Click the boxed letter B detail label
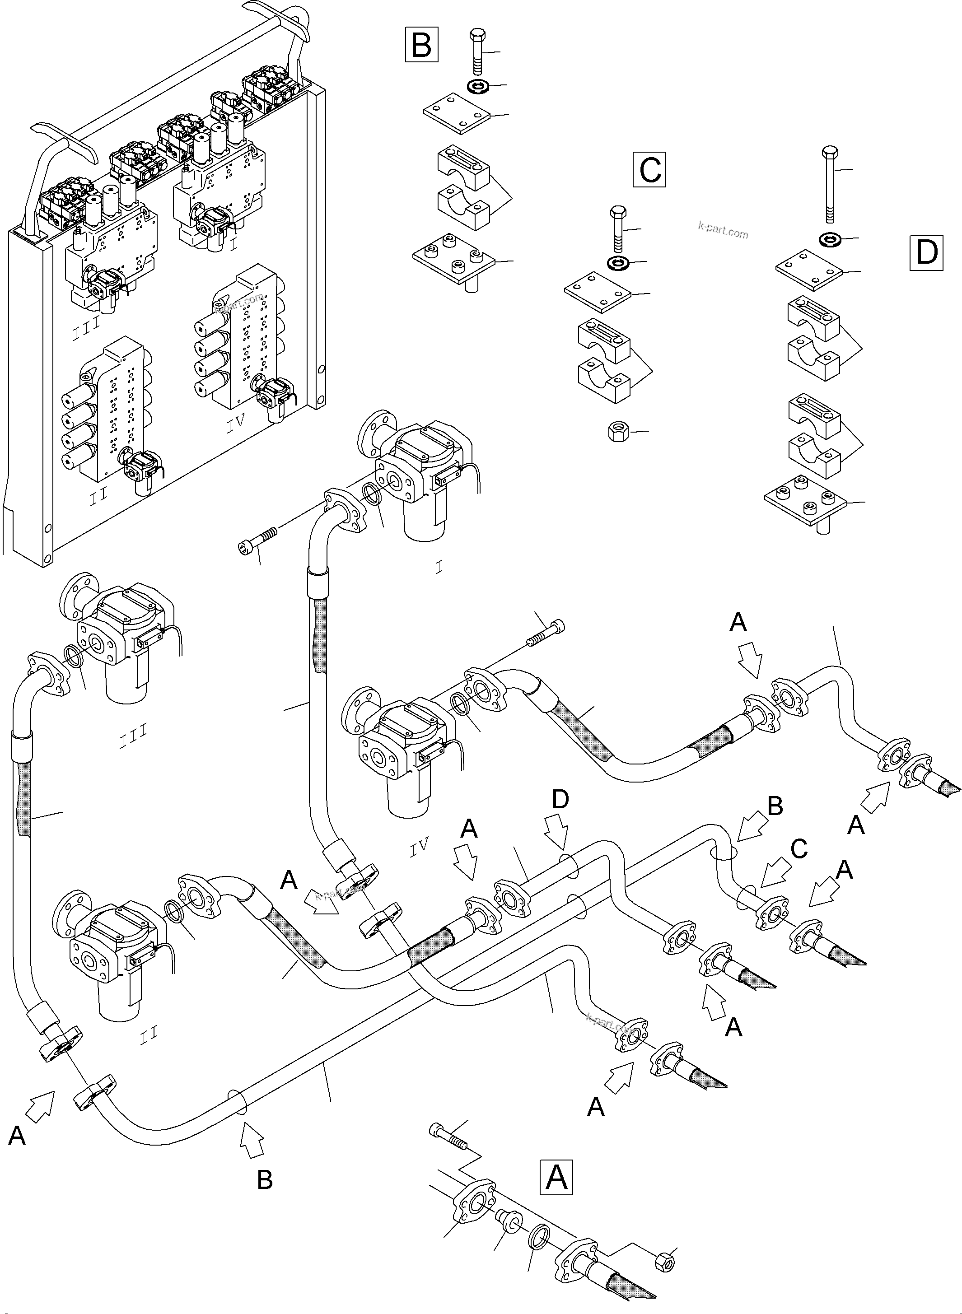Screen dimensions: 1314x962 tap(421, 46)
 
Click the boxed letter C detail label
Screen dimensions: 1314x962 tap(649, 169)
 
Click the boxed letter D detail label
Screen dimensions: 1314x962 tap(926, 253)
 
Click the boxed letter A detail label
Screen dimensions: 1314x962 tap(557, 1177)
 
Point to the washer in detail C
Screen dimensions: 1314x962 tap(618, 264)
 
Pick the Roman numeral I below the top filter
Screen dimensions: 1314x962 tap(439, 567)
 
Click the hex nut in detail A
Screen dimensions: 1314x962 tap(664, 1261)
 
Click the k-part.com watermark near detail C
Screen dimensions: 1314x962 tap(723, 231)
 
